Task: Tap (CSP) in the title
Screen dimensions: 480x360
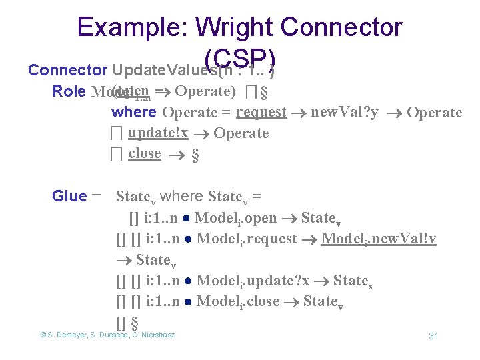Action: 240,58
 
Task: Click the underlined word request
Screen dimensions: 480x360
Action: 261,112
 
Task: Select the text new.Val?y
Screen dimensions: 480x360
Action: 345,112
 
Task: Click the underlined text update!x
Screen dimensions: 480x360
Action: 157,133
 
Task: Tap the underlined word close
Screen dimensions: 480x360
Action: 145,153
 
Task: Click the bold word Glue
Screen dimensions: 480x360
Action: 69,196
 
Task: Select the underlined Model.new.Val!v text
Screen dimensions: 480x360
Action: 379,239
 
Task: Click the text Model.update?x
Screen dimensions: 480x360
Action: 253,281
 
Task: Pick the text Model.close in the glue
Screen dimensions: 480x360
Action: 238,301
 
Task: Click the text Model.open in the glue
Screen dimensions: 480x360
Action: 236,217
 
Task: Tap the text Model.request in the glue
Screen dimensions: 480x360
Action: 247,239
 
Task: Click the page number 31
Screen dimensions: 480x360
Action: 433,335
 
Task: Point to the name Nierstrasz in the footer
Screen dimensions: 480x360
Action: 155,335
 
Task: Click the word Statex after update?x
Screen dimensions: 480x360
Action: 353,281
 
